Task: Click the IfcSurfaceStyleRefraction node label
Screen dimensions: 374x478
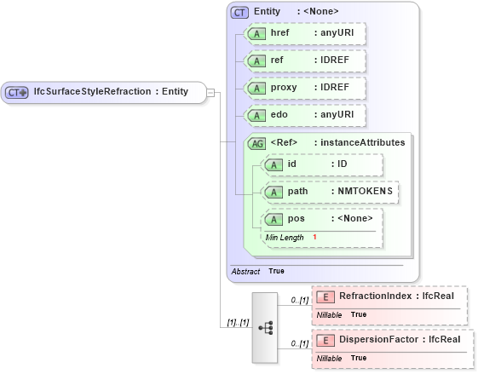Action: pos(111,92)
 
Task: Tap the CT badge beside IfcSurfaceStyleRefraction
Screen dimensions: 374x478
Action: pos(17,92)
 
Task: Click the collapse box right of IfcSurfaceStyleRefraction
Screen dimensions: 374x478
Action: pos(210,92)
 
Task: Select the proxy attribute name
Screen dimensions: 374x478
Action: pos(285,88)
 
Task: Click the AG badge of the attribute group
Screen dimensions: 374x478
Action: pos(256,143)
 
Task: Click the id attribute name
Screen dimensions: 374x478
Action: pos(291,164)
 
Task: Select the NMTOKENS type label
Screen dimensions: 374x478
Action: pos(362,191)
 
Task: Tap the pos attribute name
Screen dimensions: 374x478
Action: pos(296,219)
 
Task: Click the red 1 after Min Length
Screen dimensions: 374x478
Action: pos(314,237)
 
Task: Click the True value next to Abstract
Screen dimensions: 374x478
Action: pos(276,271)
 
